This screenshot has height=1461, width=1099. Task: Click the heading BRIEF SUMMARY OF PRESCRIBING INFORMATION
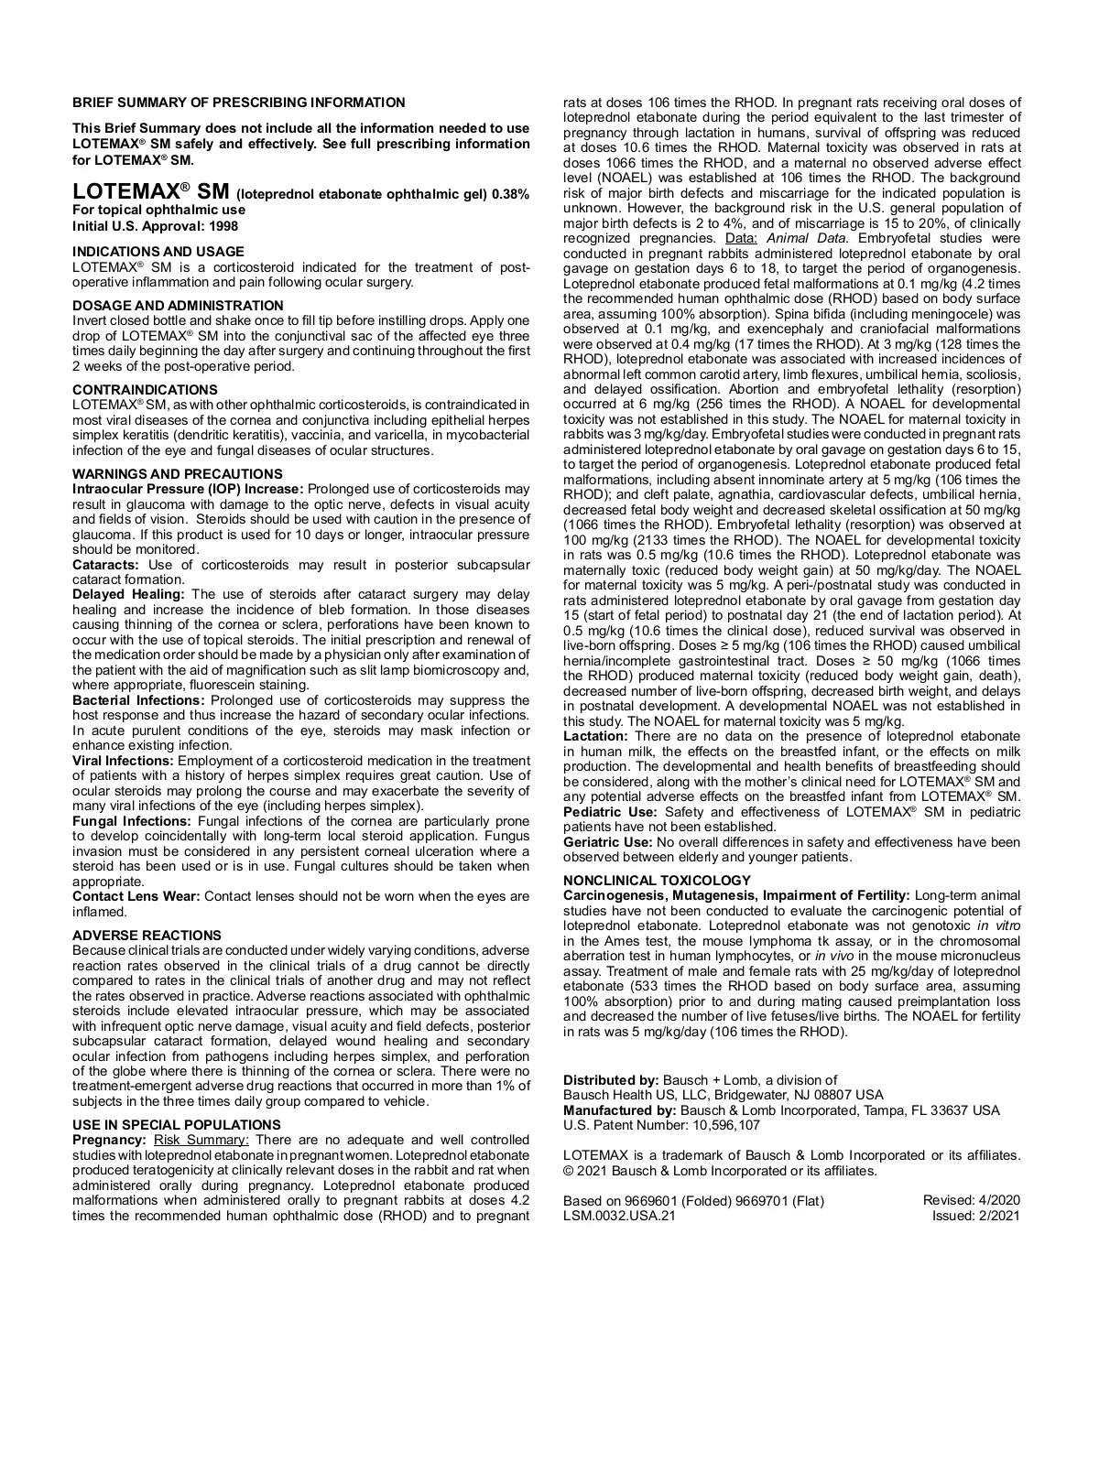coord(238,103)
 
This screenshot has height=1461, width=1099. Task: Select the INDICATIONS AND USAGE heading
coord(158,252)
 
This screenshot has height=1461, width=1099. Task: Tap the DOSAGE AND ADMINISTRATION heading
coord(178,306)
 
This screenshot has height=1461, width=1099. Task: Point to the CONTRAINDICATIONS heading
coord(145,390)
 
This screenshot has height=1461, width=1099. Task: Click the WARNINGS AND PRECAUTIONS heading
coord(178,474)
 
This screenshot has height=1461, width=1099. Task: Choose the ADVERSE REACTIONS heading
coord(147,936)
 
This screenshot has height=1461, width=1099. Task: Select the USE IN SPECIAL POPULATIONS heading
coord(177,1125)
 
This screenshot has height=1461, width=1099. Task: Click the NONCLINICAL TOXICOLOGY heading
coord(657,881)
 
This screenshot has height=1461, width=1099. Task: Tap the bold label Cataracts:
coord(104,565)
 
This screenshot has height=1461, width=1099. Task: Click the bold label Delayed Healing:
coord(128,595)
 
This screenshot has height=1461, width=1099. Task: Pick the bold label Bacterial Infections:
coord(138,700)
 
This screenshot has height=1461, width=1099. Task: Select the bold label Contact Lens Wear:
coord(136,896)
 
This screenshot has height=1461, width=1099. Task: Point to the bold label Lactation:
coord(595,736)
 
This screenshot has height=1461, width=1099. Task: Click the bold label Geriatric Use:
coord(607,842)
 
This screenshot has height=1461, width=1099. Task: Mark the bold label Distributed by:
coord(611,1080)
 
